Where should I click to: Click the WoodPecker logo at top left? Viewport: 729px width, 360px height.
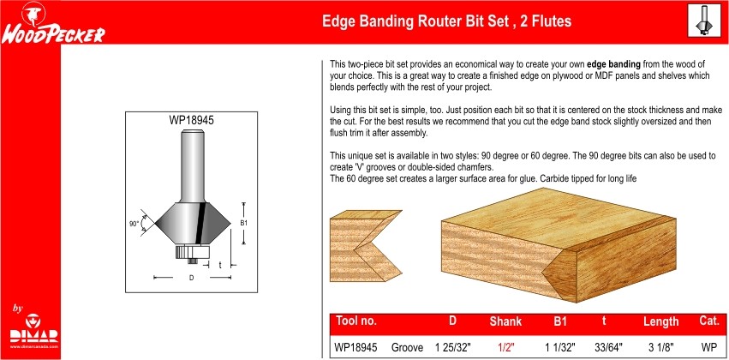tap(53, 24)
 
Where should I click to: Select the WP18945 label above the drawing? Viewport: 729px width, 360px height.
tap(191, 121)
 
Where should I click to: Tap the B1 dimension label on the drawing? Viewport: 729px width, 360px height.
tap(243, 223)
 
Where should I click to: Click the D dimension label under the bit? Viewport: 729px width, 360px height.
tap(191, 278)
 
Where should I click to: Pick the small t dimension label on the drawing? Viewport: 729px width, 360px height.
tap(219, 265)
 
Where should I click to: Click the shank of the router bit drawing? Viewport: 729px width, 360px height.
tap(192, 166)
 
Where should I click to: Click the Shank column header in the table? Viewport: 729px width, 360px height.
tap(505, 321)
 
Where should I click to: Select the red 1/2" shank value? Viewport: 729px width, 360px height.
tap(505, 347)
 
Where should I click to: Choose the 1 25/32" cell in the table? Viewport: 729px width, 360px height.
tap(453, 347)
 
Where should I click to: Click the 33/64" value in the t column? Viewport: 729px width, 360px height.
tap(608, 347)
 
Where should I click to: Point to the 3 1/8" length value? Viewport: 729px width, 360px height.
tap(661, 347)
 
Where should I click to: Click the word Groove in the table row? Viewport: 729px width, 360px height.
tap(407, 347)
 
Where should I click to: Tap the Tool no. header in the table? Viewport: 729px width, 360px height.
tap(356, 321)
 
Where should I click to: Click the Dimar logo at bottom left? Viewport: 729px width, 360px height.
tap(34, 332)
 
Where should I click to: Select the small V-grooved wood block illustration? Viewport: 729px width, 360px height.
tap(366, 246)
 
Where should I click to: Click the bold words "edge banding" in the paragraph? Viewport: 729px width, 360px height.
tap(613, 64)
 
